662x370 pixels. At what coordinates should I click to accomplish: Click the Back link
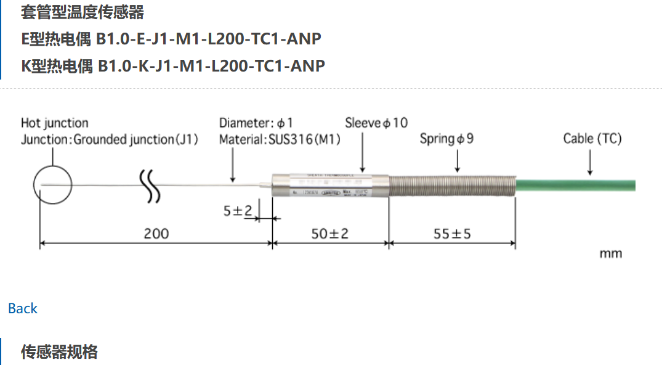(x=23, y=308)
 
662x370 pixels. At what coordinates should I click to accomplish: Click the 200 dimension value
(x=156, y=234)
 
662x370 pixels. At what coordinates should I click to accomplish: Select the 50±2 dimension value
(x=329, y=234)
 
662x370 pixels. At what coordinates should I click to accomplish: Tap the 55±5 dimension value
(x=452, y=234)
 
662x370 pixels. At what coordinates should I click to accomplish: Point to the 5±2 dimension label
(x=238, y=212)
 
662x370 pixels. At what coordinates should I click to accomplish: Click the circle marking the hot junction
(x=53, y=184)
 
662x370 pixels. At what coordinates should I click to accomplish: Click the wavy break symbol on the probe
(x=149, y=184)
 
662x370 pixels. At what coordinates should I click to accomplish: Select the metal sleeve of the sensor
(x=329, y=184)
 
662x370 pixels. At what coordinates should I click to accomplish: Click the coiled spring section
(x=452, y=184)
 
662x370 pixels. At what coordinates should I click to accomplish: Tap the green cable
(x=576, y=184)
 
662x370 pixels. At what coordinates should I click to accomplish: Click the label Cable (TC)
(x=592, y=139)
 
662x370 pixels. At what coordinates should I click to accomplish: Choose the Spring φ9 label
(x=446, y=139)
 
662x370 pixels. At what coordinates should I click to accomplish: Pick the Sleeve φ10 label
(x=376, y=123)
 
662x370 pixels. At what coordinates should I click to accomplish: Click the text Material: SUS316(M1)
(x=280, y=139)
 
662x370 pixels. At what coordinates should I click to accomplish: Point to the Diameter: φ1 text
(x=256, y=123)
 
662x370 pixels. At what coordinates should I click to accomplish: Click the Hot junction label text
(x=54, y=123)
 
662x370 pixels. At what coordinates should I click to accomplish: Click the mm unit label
(x=610, y=253)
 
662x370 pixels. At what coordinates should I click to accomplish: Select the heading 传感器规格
(x=59, y=352)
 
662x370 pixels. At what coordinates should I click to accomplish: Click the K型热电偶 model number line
(x=172, y=65)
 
